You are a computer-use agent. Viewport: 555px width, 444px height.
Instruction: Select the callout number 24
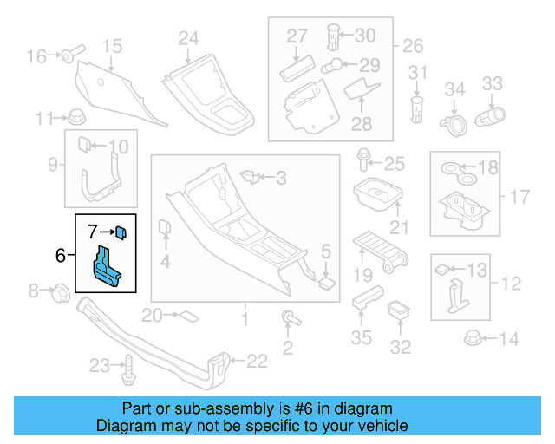click(x=189, y=37)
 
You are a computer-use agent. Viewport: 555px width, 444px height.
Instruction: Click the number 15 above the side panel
click(x=112, y=45)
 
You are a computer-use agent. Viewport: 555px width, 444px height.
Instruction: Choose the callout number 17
click(x=518, y=197)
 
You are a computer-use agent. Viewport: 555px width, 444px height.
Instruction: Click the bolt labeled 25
click(x=364, y=161)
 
